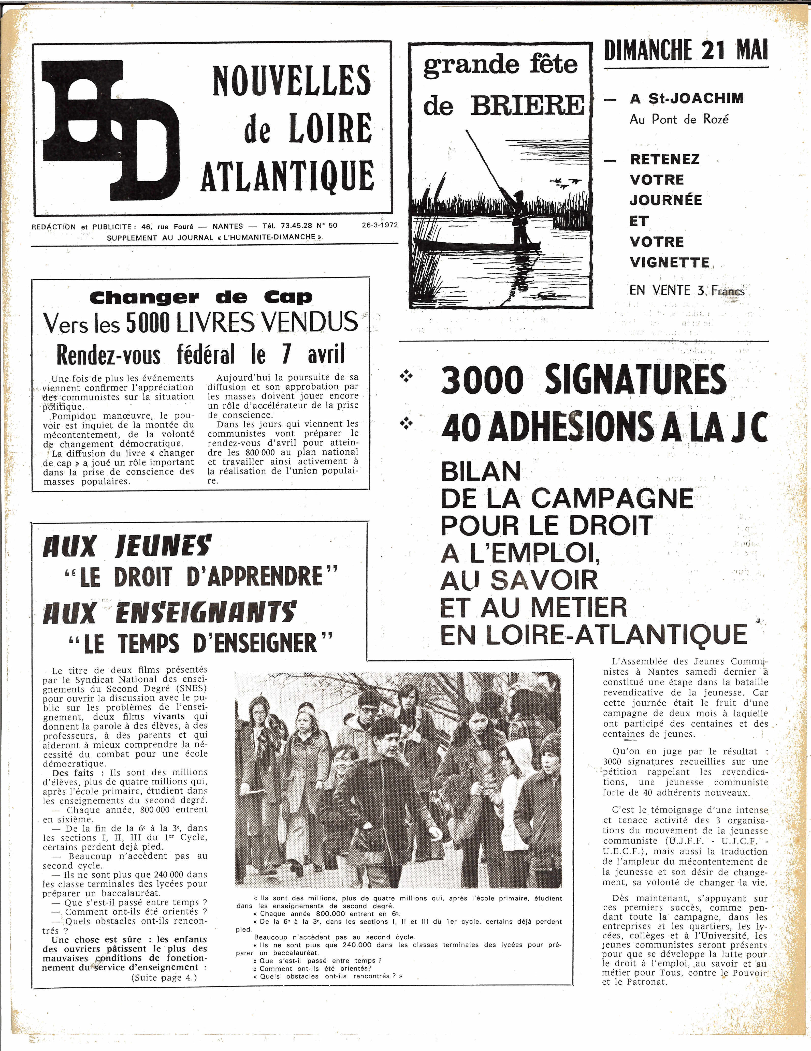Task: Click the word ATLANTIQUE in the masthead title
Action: [287, 176]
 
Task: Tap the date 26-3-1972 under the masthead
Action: [381, 225]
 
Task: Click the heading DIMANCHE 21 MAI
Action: [686, 50]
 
